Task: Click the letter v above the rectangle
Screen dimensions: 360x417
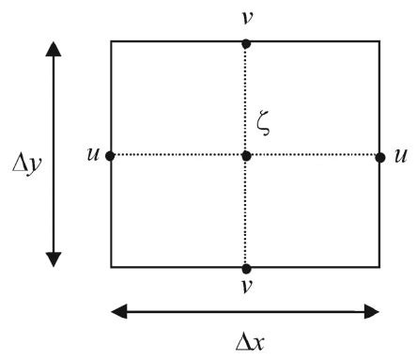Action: [x=246, y=18]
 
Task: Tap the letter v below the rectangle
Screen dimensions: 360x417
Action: [x=246, y=290]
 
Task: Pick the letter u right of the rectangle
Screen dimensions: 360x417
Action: [x=401, y=154]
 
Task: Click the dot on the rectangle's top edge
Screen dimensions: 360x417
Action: [x=246, y=42]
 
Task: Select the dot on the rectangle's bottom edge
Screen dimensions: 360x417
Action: [x=246, y=268]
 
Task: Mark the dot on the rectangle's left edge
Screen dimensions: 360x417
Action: [x=111, y=155]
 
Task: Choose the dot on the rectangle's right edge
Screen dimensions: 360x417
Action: [x=380, y=156]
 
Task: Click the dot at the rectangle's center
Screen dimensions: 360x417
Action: [x=246, y=155]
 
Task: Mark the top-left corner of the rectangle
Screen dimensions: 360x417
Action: [x=112, y=41]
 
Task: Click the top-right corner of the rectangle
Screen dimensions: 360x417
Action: [x=379, y=41]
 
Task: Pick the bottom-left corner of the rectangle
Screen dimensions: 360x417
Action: [x=112, y=267]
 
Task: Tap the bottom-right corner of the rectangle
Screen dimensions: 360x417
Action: [x=379, y=267]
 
